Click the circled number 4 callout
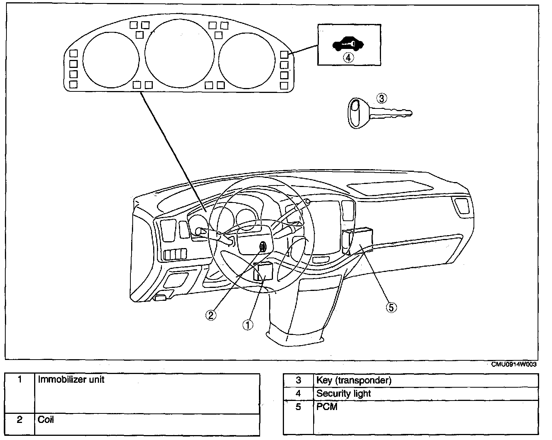(x=348, y=58)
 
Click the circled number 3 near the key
(x=381, y=98)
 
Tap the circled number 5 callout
(x=391, y=307)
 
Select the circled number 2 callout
(x=211, y=315)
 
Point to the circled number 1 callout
(x=248, y=325)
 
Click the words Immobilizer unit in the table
(x=71, y=379)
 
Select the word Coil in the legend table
(x=45, y=420)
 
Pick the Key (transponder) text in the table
(x=354, y=380)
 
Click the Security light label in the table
(x=343, y=394)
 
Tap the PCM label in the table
(x=327, y=407)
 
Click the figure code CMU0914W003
(x=514, y=364)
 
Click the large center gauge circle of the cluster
(x=179, y=19)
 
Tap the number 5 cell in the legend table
(x=298, y=417)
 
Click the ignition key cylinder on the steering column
(x=263, y=247)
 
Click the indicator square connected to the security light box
(x=284, y=55)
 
